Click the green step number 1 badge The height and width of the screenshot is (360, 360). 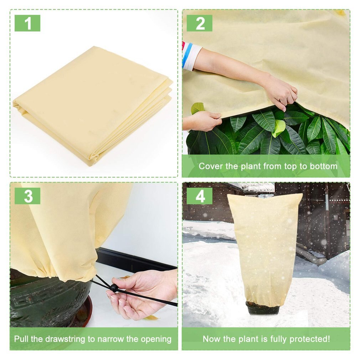click(x=27, y=23)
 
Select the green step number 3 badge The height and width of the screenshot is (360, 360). click(x=27, y=196)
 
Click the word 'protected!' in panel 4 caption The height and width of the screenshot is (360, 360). click(x=310, y=339)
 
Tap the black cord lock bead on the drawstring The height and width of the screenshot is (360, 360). click(x=114, y=288)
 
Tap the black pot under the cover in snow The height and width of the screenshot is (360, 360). click(x=263, y=308)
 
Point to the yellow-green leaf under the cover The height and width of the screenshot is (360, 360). click(x=279, y=128)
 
